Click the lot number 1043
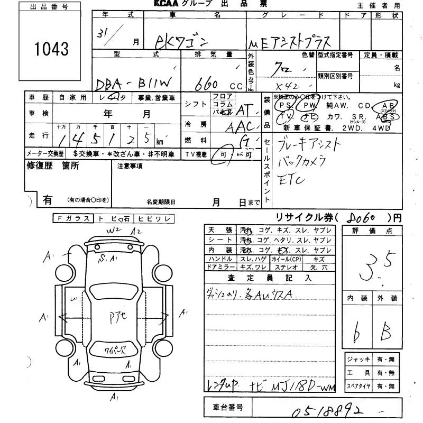(51, 49)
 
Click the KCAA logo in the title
(170, 4)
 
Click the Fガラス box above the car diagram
(73, 218)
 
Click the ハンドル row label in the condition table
(220, 259)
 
